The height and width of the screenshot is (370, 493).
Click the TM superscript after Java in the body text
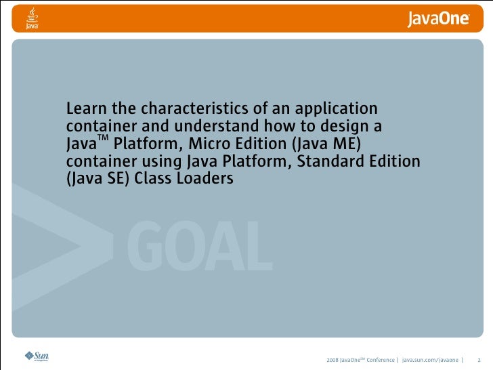pyautogui.click(x=103, y=138)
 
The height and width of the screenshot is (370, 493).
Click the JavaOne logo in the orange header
pyautogui.click(x=438, y=20)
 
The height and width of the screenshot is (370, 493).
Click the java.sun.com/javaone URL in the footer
pyautogui.click(x=429, y=358)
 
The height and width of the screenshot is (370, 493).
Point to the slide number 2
pyautogui.click(x=479, y=358)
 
